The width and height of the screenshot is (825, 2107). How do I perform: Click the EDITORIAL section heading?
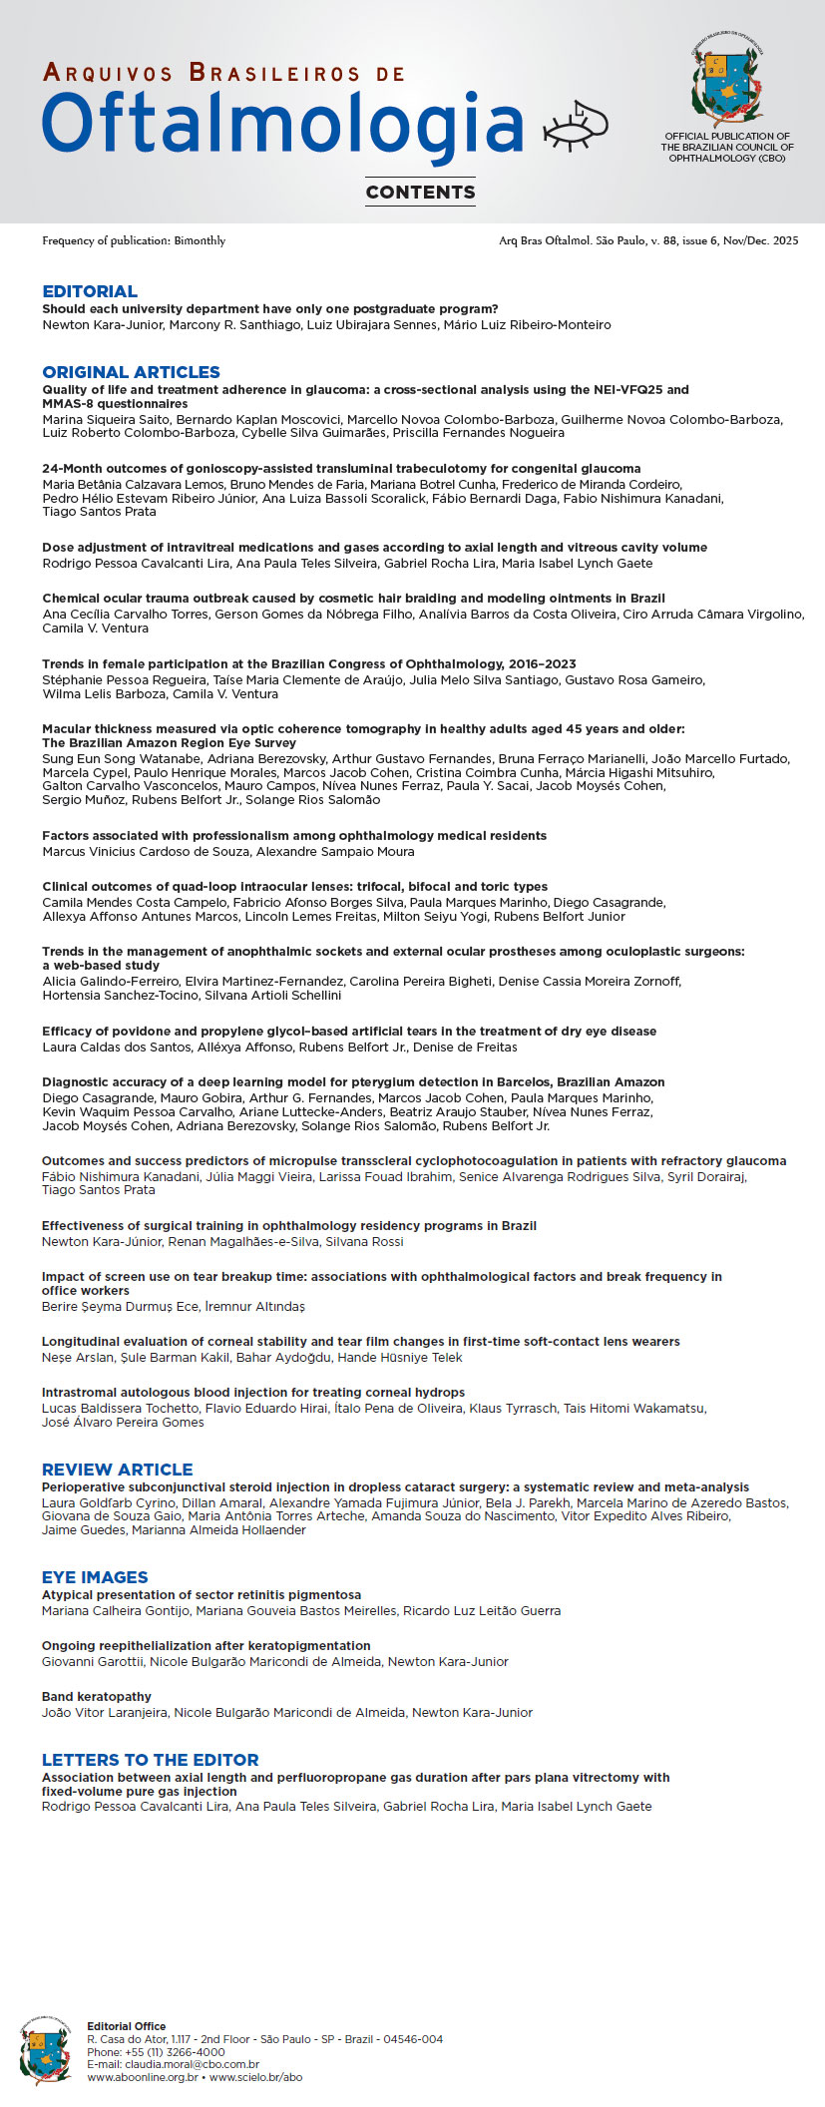[x=90, y=291]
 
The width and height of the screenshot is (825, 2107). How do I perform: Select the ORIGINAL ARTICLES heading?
[x=131, y=372]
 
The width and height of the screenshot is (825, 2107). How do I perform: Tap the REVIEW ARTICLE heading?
[x=117, y=1470]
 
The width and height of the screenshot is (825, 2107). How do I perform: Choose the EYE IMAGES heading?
[x=95, y=1577]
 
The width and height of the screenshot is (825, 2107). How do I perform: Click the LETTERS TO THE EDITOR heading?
[x=150, y=1760]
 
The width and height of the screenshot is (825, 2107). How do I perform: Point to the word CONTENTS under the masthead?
[x=420, y=193]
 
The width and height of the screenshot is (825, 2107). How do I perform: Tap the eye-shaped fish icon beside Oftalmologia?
[x=576, y=126]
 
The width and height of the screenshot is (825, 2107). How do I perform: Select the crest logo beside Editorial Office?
[x=45, y=2051]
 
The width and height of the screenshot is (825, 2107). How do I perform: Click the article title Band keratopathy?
[x=97, y=1696]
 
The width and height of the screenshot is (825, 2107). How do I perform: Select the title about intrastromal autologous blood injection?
[x=253, y=1392]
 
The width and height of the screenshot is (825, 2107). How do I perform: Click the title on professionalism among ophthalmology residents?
[x=294, y=835]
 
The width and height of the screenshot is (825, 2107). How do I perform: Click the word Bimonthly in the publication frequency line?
[x=200, y=240]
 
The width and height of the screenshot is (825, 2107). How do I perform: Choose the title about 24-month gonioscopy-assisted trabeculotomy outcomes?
[x=341, y=468]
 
